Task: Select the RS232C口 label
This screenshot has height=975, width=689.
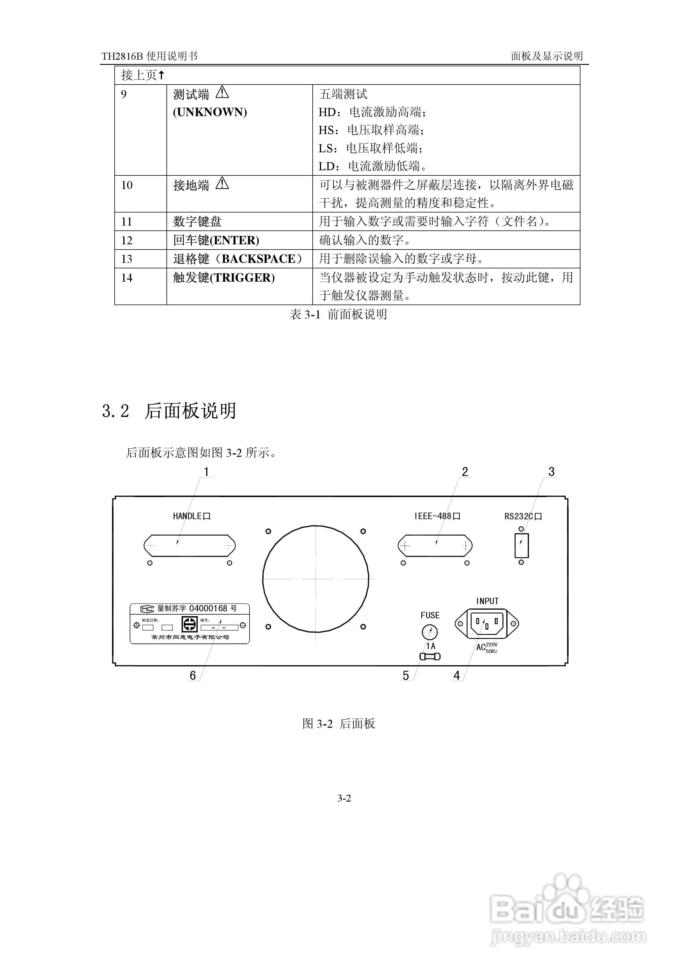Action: pos(523,516)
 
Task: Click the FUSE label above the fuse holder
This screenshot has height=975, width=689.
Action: pos(430,615)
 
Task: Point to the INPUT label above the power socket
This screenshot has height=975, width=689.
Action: pos(487,601)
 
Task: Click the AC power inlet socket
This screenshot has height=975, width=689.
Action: pos(487,623)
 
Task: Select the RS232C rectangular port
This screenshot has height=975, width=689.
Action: pos(522,546)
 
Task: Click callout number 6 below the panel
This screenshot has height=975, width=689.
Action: pos(193,675)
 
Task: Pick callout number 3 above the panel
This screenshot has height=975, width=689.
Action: pos(551,472)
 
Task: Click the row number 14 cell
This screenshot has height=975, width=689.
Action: pos(127,278)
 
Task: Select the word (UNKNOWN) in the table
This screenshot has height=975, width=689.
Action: pos(210,112)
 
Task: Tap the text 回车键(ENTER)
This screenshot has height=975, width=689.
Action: pos(216,240)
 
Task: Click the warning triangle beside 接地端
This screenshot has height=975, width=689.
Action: pos(222,184)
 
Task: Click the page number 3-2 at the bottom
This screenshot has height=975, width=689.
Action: pos(344,798)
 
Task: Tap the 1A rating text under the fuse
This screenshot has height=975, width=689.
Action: pos(431,646)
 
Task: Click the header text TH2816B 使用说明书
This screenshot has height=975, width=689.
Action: pos(149,56)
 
